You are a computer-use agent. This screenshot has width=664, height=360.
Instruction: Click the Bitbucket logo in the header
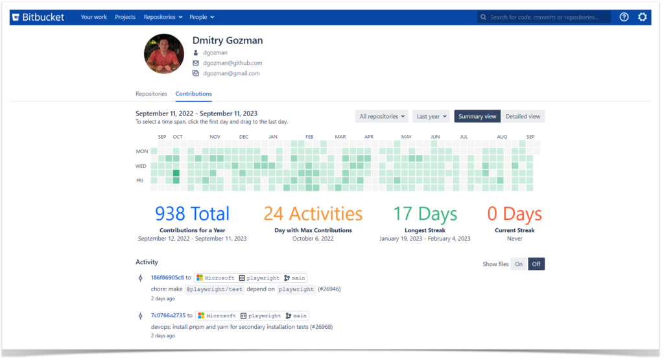coord(38,17)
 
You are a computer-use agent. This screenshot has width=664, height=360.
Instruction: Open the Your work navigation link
coord(94,17)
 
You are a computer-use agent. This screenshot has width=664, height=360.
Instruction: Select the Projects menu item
coord(125,17)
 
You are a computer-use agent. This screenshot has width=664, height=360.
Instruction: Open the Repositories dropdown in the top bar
coord(163,17)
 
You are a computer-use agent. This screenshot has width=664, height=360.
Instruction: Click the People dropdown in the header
coord(202,17)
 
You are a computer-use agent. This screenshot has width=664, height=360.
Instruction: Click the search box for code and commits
coord(545,18)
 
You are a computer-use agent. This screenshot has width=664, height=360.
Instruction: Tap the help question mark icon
coord(624,18)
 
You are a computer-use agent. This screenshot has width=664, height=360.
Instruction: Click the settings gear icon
coord(642,18)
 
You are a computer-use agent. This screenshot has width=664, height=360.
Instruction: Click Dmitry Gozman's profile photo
coord(164,54)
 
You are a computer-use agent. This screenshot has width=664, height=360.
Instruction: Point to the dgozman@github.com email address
coord(232,63)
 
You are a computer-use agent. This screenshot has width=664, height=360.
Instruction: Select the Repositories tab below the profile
coord(151,94)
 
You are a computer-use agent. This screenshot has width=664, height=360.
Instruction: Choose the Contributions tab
coord(194,94)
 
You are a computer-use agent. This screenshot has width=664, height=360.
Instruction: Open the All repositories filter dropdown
coord(382,117)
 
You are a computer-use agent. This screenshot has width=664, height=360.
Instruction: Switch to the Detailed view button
coord(523,117)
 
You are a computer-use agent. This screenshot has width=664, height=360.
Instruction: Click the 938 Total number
coord(192,213)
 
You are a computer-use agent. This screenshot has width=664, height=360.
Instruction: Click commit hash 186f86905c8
coord(167,278)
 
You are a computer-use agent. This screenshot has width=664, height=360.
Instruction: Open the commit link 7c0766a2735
coord(167,316)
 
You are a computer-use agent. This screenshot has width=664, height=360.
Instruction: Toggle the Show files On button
coord(519,264)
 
